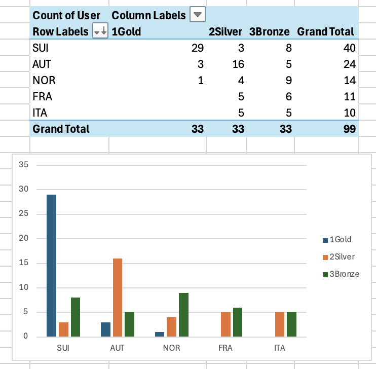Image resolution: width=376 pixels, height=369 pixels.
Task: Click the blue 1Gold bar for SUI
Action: [51, 265]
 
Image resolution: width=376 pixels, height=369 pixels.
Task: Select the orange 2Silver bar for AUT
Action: [118, 297]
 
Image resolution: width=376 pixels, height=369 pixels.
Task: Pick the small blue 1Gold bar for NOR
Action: [160, 334]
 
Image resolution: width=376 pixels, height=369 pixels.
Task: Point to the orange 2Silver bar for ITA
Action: [279, 324]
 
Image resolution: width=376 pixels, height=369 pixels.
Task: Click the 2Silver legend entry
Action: [341, 257]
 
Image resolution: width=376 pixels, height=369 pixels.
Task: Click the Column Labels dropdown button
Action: [198, 15]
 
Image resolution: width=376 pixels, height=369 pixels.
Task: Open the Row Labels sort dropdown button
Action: [100, 31]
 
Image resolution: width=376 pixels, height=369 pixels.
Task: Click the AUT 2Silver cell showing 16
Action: [238, 64]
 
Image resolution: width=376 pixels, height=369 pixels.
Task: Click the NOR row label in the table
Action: [44, 81]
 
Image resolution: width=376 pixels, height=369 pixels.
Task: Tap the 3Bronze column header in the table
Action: [269, 31]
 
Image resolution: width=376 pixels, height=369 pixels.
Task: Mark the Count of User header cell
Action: [66, 15]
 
